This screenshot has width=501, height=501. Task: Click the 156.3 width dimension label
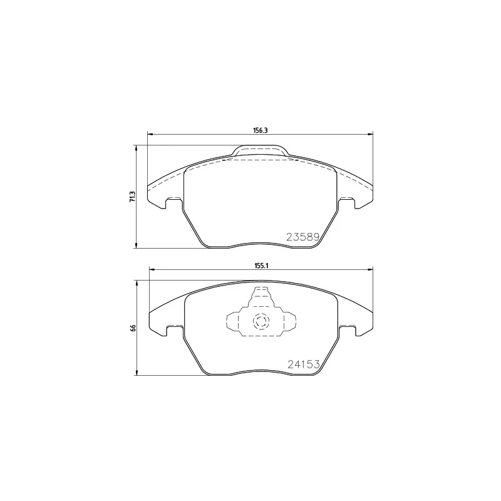(260, 130)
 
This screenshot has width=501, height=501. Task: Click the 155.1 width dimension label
(261, 266)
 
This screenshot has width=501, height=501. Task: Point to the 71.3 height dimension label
(132, 197)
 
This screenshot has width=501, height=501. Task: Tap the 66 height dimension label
(133, 328)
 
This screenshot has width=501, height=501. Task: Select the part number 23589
(303, 237)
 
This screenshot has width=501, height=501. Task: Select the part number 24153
(304, 364)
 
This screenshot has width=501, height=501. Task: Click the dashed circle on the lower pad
(261, 321)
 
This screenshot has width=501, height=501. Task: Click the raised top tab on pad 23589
(261, 150)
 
